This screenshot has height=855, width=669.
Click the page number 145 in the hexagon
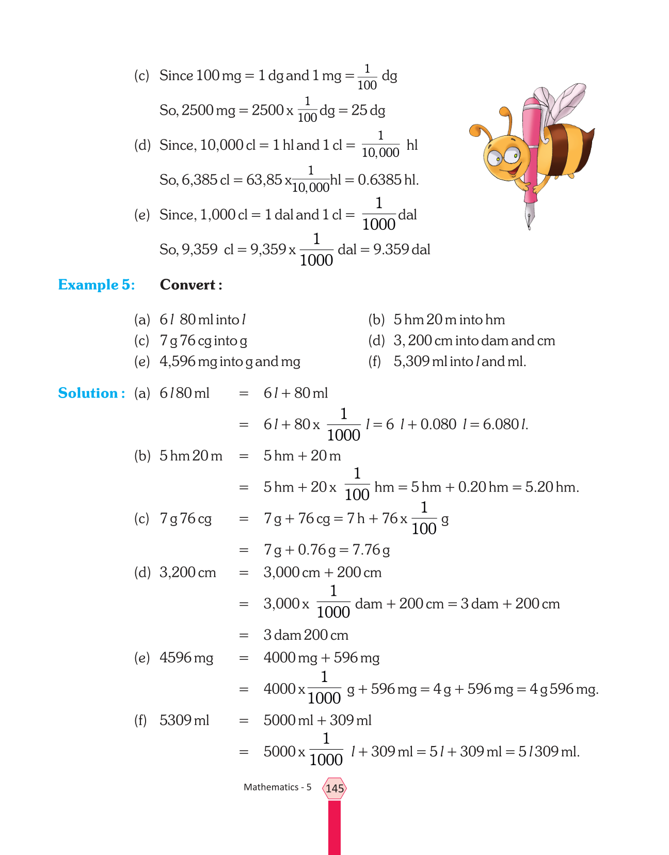[334, 788]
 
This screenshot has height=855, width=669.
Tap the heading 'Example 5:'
[97, 285]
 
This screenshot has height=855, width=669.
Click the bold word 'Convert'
[188, 285]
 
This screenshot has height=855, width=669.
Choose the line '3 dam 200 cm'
[306, 635]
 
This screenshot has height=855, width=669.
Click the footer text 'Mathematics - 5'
[277, 787]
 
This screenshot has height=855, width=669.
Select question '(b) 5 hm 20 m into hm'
[436, 320]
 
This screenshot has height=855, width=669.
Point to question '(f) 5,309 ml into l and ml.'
[447, 361]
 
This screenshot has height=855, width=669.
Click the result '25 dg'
[368, 110]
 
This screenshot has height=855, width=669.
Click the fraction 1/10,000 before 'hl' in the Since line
[380, 145]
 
